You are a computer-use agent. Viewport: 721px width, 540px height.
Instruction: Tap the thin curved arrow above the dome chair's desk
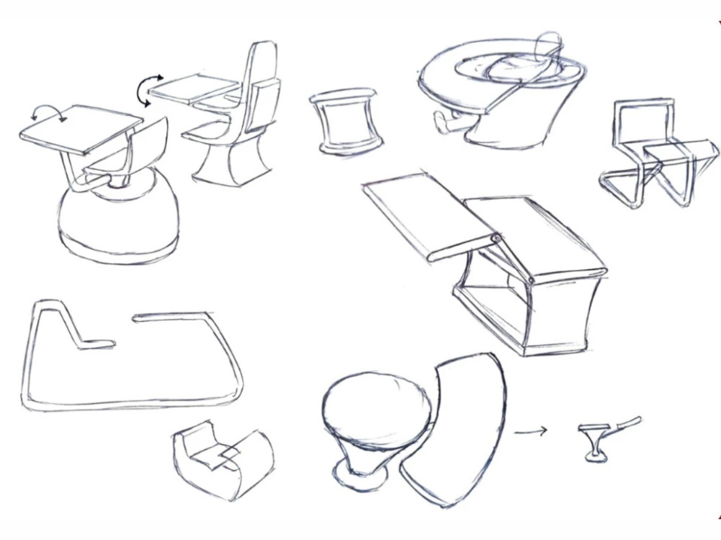pos(49,113)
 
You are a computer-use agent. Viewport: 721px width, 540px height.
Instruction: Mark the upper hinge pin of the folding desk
pos(496,238)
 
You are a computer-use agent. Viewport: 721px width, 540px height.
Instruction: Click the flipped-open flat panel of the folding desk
pos(428,214)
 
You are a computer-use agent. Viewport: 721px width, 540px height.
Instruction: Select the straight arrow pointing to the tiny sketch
pos(530,432)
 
